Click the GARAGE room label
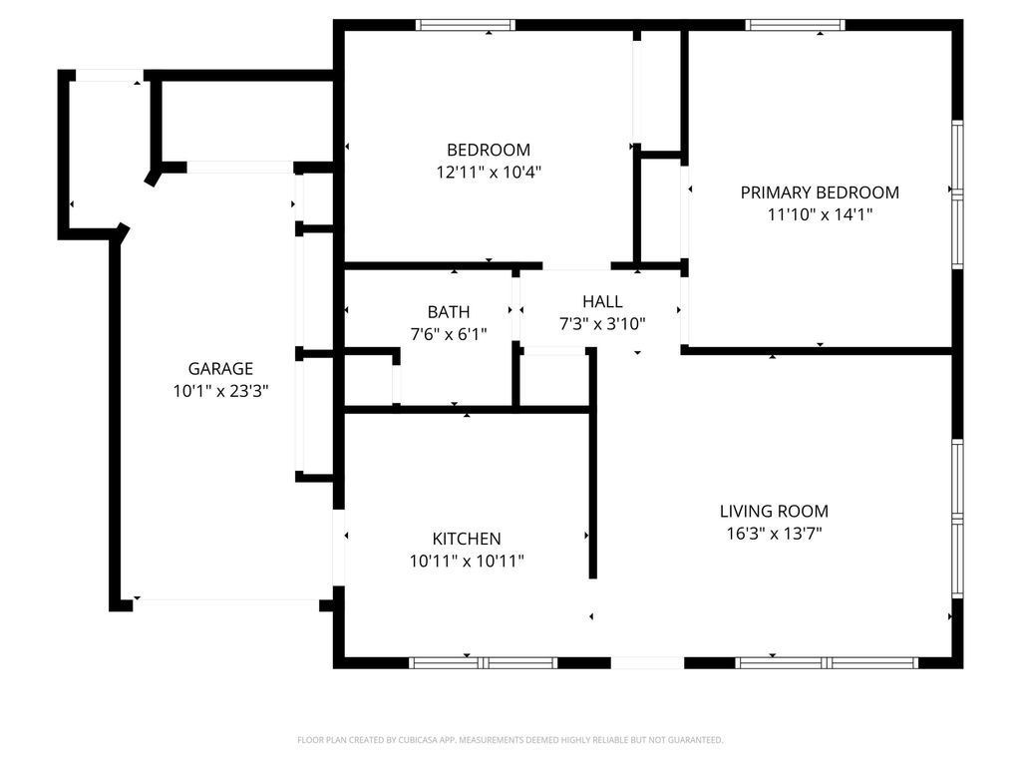coord(220,368)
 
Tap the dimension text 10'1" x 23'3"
coord(220,391)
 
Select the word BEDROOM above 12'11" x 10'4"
coord(488,150)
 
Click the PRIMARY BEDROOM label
coord(820,192)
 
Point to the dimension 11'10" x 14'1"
coord(820,214)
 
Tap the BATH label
coord(449,312)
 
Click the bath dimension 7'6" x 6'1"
coord(449,334)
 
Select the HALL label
coord(602,301)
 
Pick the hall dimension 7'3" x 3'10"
coord(602,323)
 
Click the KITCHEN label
coord(467,539)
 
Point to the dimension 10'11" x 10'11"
coord(467,561)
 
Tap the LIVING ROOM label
coord(774,512)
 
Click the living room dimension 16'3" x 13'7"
coord(774,534)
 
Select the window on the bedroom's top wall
coord(465,25)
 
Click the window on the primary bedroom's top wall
coord(795,25)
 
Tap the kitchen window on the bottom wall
coord(484,662)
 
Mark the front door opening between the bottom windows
coord(647,662)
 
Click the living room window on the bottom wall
coord(827,662)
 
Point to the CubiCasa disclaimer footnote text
coord(510,740)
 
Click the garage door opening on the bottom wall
coord(226,600)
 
